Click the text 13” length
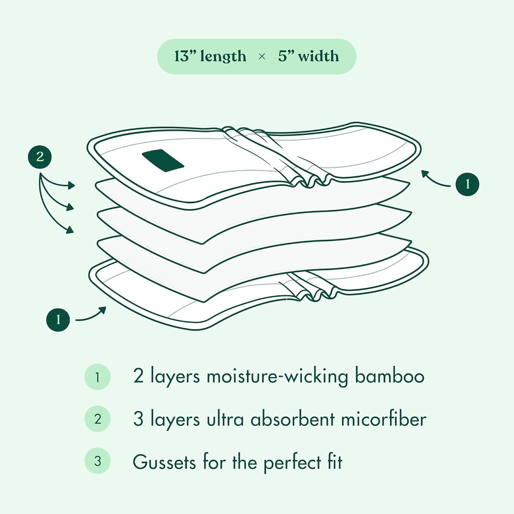(210, 56)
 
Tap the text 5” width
(308, 56)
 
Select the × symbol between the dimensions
(262, 57)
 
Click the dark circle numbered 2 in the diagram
(40, 157)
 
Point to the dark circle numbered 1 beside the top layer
(467, 184)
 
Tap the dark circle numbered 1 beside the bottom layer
(58, 320)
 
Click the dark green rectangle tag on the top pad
(163, 161)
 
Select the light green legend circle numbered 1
(98, 377)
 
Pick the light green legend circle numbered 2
(98, 419)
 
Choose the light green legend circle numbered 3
(98, 461)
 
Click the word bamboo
(389, 376)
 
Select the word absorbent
(292, 419)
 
